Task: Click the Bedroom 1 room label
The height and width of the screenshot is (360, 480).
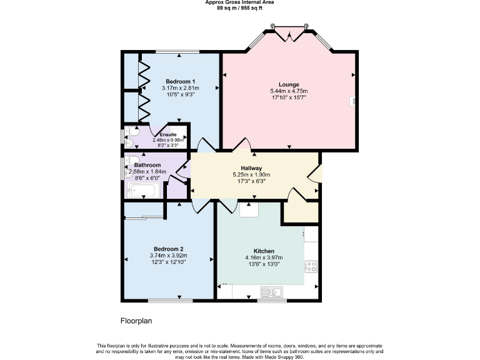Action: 180,81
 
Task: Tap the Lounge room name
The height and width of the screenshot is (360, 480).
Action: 289,84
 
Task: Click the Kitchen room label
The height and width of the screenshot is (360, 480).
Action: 264,251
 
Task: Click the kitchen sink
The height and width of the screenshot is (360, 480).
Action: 272,291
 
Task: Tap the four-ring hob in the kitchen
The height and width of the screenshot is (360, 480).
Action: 311,267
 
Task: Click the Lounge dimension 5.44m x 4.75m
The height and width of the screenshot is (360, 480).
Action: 289,91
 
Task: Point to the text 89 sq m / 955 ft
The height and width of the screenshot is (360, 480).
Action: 239,8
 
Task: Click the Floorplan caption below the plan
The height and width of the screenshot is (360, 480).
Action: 136,321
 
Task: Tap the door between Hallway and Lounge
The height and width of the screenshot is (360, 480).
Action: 242,146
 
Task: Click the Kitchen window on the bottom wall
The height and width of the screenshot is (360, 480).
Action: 272,301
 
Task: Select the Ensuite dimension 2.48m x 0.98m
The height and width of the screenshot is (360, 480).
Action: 168,140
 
